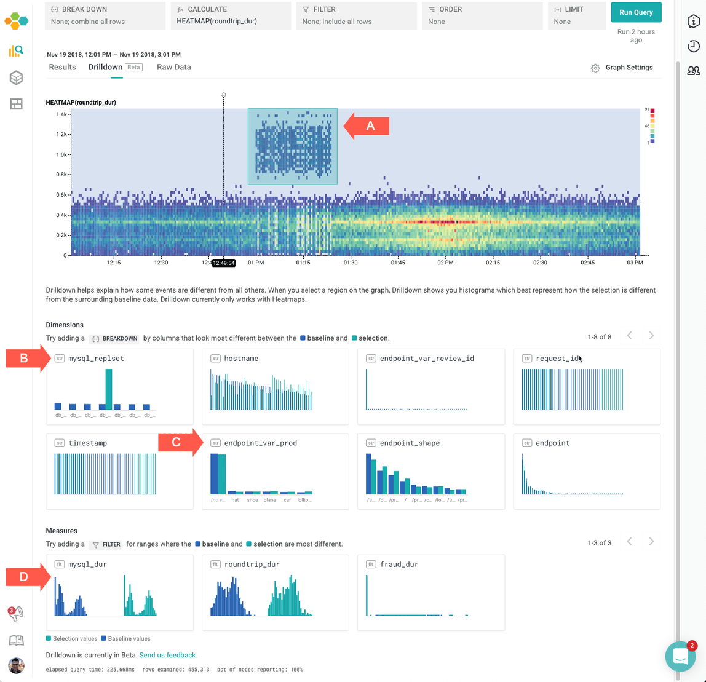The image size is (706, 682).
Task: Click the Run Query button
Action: [636, 12]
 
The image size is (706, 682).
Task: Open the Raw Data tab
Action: [173, 67]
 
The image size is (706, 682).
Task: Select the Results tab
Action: [62, 67]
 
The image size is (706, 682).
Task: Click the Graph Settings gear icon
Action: [595, 68]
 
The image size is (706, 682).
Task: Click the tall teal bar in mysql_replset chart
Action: [109, 389]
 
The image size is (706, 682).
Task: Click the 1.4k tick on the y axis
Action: [61, 114]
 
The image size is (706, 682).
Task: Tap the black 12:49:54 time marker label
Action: [224, 263]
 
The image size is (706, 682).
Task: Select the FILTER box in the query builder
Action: [357, 15]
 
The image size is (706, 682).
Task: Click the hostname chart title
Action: [241, 359]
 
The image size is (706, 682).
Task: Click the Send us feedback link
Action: [168, 655]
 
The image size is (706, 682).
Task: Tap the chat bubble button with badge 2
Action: [680, 656]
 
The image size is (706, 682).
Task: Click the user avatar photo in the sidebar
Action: [17, 665]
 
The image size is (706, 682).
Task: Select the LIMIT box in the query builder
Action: [577, 15]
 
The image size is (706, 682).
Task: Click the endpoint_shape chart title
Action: [410, 443]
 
